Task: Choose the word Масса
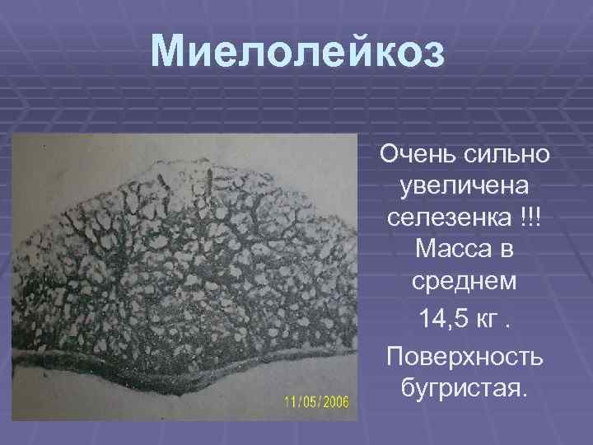(450, 252)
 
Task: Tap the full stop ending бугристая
(519, 390)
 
